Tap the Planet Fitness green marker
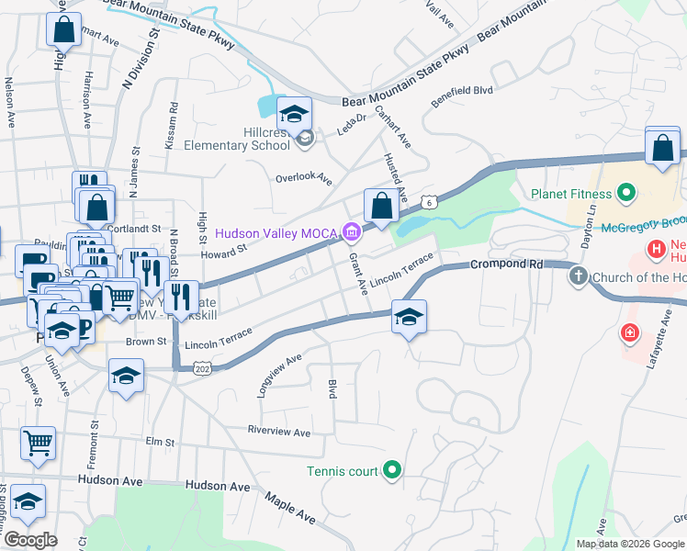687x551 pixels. tap(626, 194)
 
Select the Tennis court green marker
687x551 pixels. tap(392, 471)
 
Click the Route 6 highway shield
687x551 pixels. tap(428, 201)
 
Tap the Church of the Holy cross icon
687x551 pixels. tap(579, 276)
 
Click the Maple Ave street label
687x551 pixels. tap(290, 511)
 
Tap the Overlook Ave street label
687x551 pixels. tap(303, 179)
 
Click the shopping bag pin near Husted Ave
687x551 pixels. tap(381, 206)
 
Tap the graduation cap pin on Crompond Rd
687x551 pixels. tap(409, 318)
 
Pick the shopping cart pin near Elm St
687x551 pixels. tap(39, 444)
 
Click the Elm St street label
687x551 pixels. tap(161, 442)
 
